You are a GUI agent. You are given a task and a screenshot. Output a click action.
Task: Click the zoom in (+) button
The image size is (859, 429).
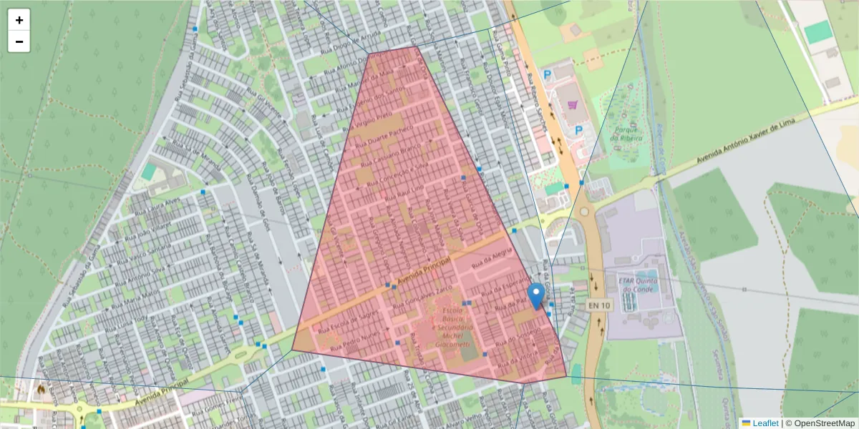click(19, 20)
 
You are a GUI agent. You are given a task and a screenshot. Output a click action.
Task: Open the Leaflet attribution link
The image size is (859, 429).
click(765, 423)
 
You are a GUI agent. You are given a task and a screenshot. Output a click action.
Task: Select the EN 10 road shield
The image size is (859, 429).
click(600, 305)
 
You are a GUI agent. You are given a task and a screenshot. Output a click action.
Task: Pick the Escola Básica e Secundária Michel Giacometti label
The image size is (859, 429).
click(447, 328)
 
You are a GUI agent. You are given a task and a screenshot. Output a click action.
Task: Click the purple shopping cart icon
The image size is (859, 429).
click(572, 105)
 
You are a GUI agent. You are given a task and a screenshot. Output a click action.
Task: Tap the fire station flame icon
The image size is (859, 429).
click(41, 389)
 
